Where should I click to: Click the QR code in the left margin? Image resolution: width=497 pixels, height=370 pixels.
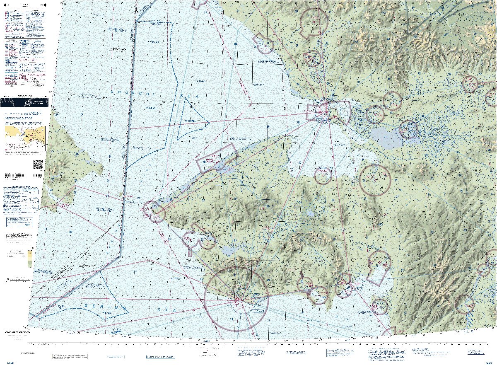pos(38,164)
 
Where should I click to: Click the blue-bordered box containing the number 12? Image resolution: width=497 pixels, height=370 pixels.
pos(22,224)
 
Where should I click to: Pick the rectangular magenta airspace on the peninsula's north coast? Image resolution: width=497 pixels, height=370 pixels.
pos(217,159)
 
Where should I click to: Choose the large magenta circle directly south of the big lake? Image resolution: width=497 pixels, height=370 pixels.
pos(375,180)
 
